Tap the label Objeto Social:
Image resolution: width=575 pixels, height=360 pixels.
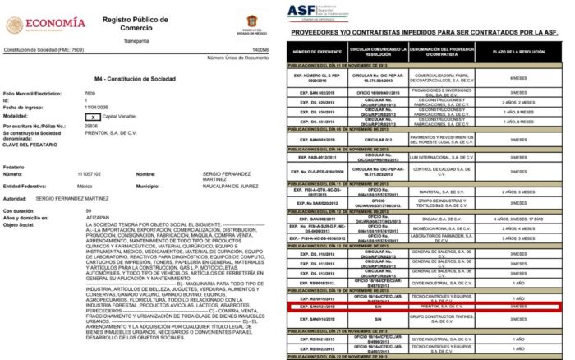pos(22,224)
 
